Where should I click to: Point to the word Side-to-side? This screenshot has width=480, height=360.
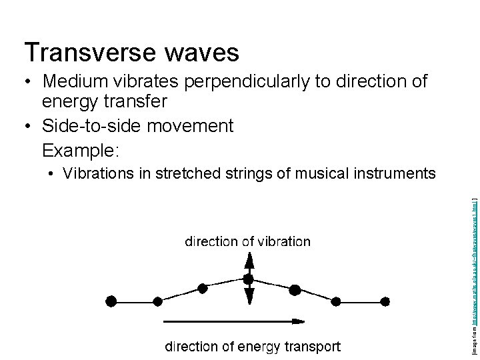(98, 125)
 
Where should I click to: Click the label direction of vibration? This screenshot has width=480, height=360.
(247, 241)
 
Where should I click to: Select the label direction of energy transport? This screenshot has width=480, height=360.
(253, 346)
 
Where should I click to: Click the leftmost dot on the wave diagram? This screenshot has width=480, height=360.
(111, 301)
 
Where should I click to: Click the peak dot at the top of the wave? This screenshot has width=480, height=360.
(249, 279)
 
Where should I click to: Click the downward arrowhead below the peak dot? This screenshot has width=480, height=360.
(249, 298)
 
